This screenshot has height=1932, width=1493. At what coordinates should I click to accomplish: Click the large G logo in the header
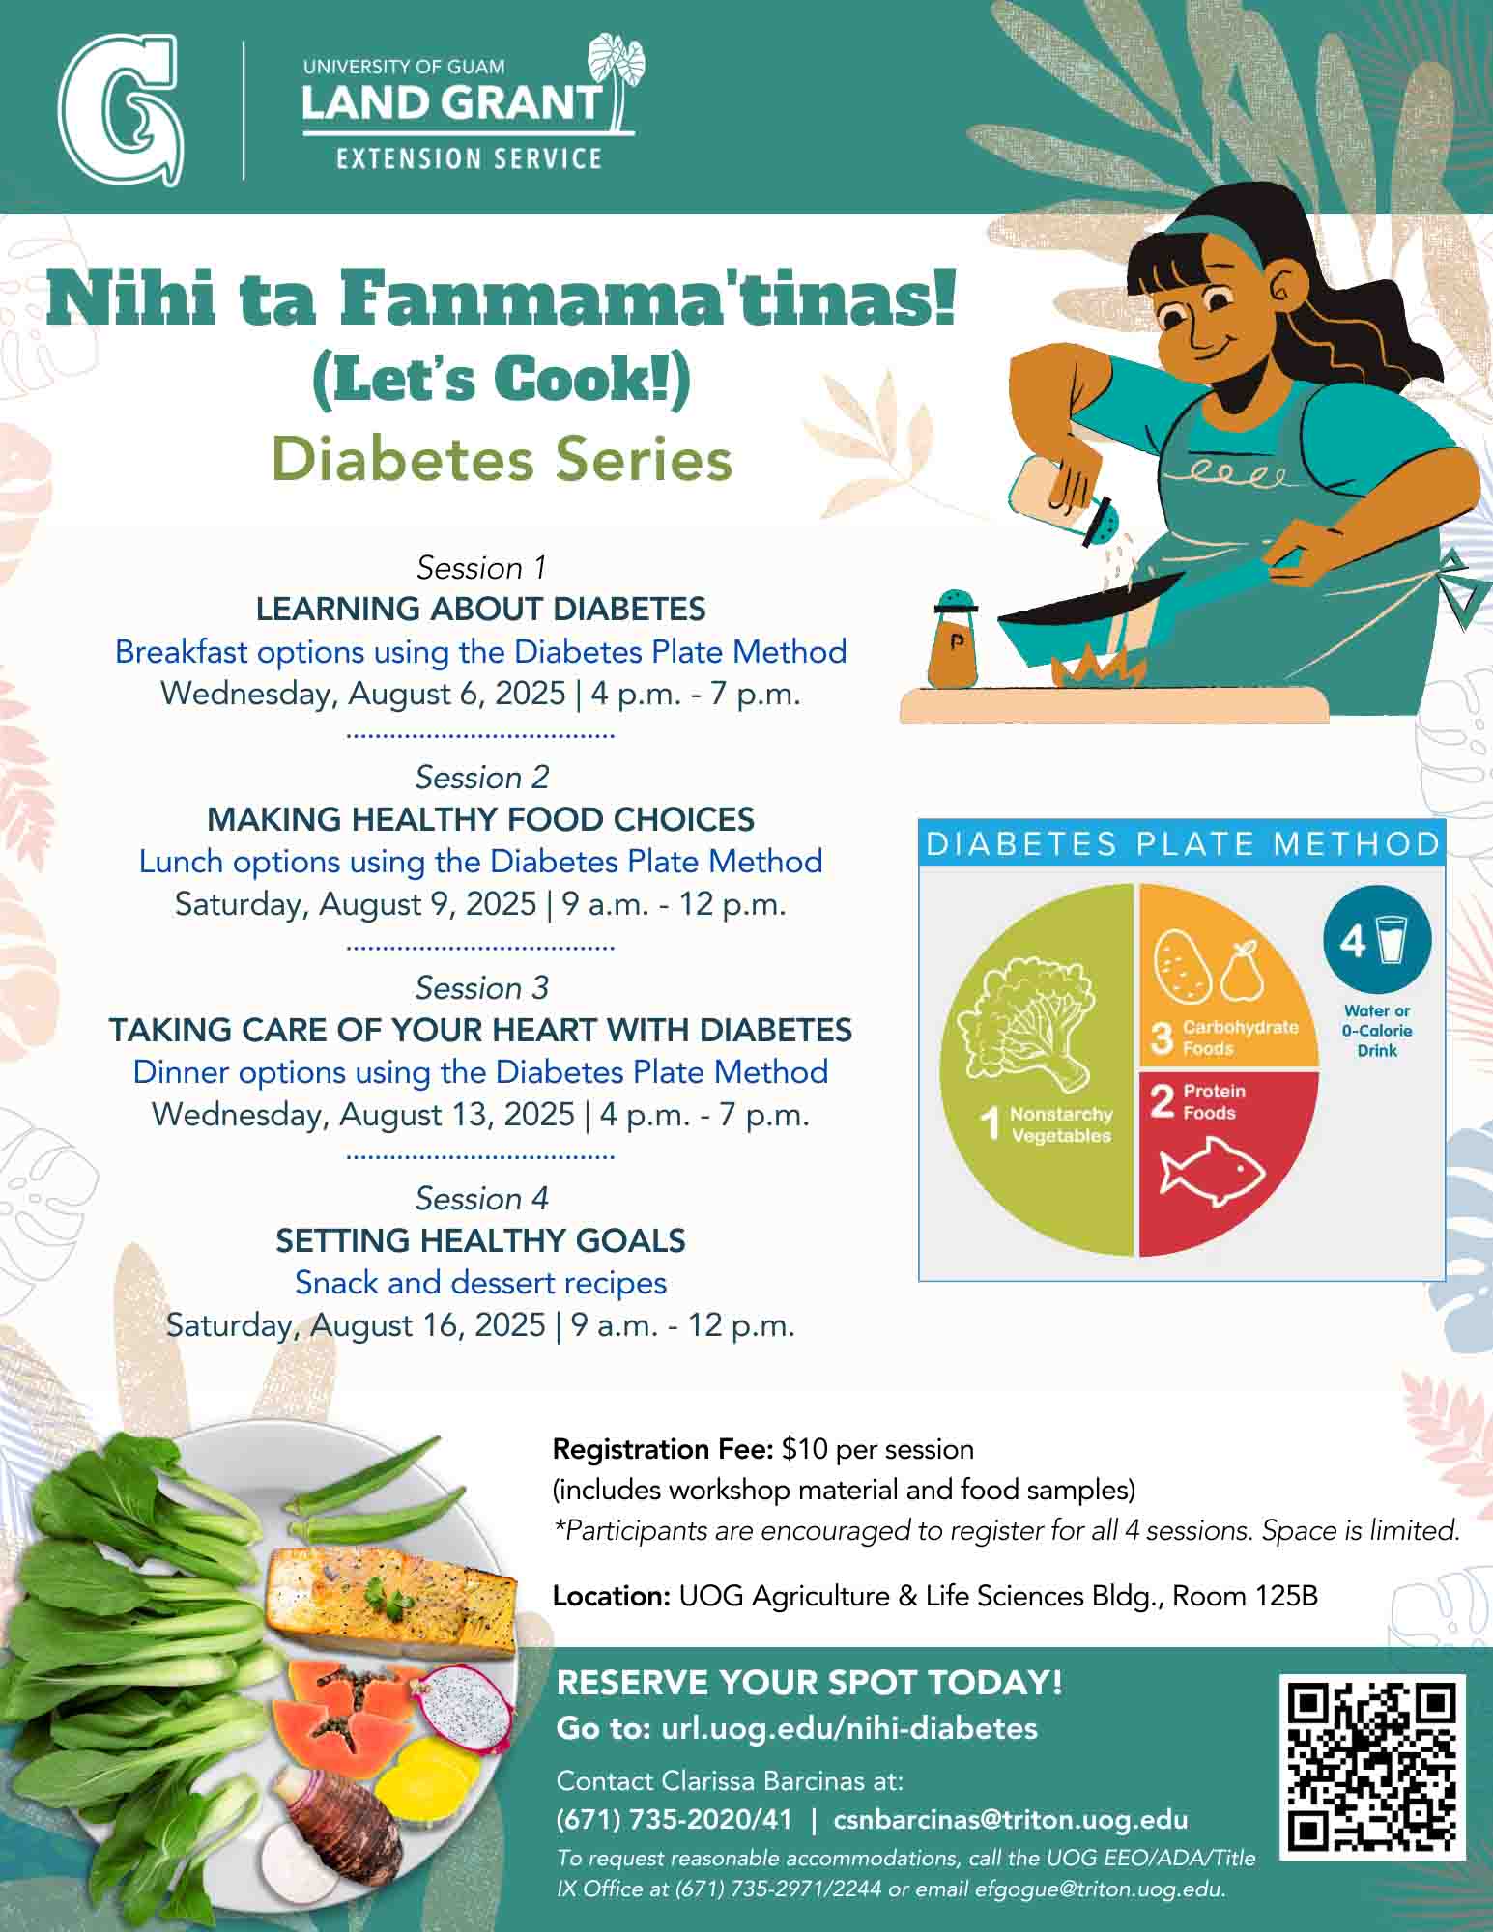tap(120, 109)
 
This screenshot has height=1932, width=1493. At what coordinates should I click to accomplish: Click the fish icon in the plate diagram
tap(1212, 1173)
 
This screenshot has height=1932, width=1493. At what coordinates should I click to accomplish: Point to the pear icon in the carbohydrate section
tap(1242, 972)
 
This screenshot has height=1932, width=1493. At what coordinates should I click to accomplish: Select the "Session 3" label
tap(481, 988)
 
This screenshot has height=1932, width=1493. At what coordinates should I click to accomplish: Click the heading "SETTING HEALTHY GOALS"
tap(480, 1240)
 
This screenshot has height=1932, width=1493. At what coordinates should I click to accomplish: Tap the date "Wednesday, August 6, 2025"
tap(363, 694)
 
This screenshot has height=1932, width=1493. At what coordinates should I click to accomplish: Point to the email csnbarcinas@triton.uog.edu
tap(1011, 1820)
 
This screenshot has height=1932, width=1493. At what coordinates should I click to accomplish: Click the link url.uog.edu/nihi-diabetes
tap(849, 1728)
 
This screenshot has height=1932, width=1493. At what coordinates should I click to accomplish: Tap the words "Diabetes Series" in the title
tap(502, 460)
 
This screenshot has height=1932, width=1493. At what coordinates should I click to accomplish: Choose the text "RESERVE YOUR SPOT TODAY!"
tap(810, 1683)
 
